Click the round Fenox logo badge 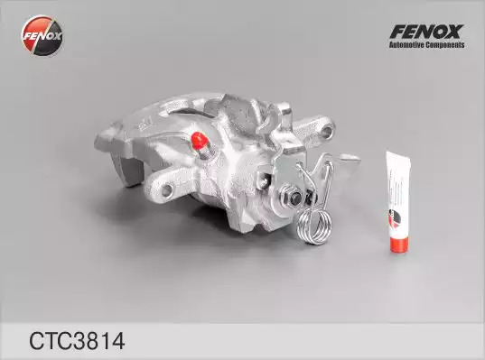(x=42, y=35)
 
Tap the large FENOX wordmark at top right (x=426, y=32)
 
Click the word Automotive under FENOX (x=406, y=45)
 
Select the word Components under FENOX (x=445, y=45)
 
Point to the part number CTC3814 (x=77, y=341)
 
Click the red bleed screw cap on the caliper (x=199, y=141)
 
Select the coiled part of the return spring (x=314, y=225)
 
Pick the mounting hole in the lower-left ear (x=167, y=189)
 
